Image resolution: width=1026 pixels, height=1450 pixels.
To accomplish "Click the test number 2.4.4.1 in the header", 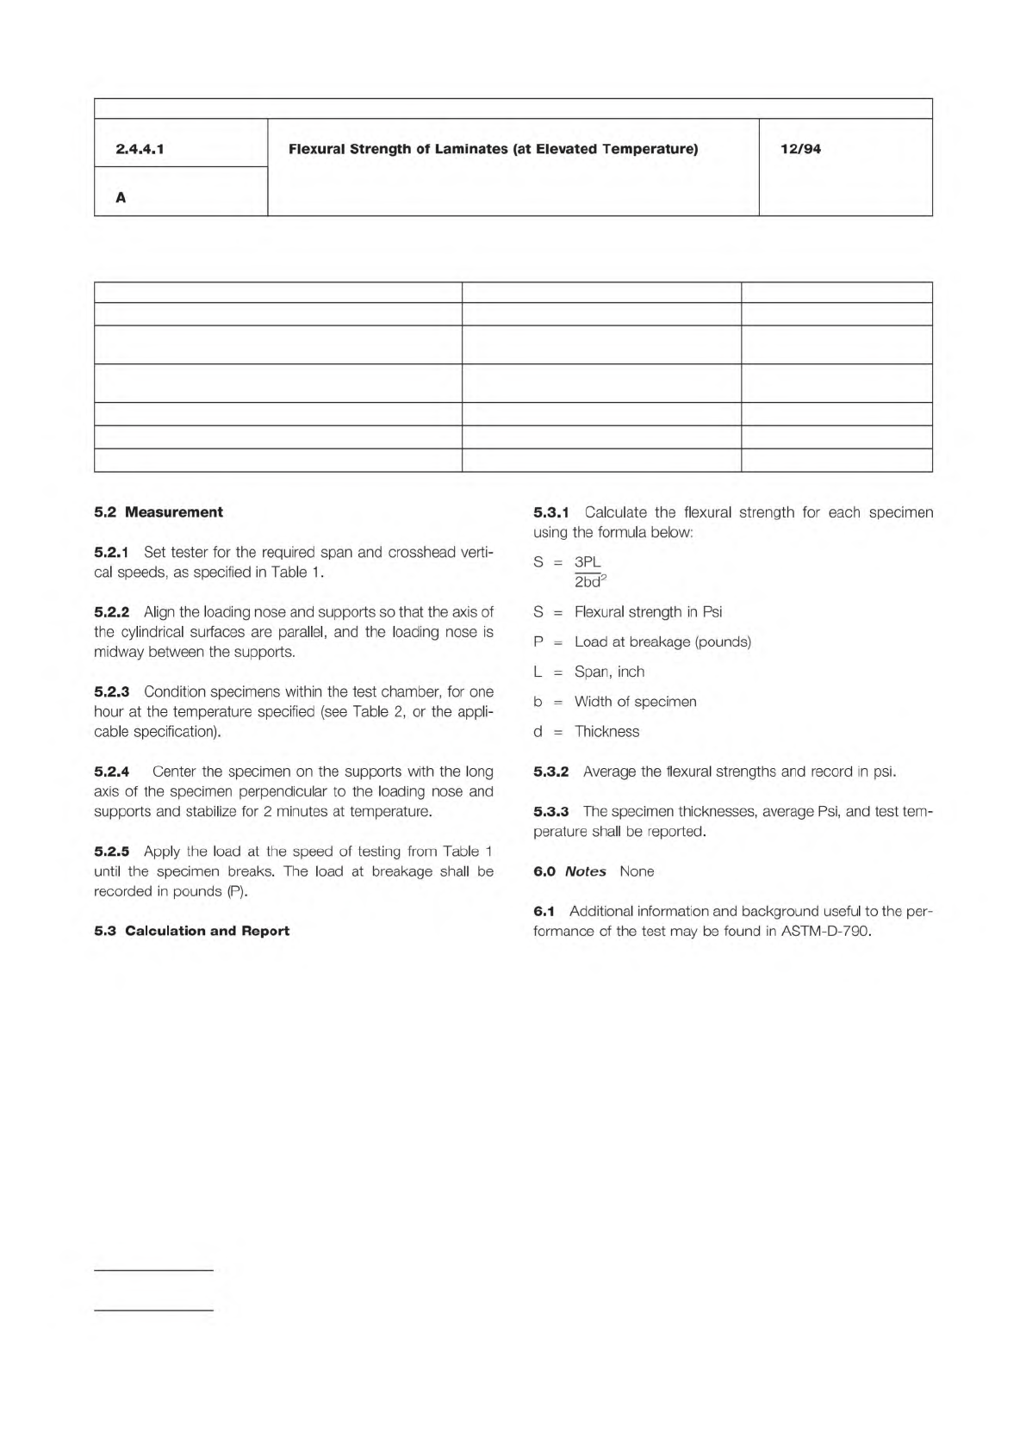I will (140, 149).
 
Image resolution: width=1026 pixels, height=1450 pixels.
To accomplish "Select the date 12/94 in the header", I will (800, 149).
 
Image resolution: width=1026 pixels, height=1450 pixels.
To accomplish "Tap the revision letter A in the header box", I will (121, 198).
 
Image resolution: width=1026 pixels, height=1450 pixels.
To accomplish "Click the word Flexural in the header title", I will (316, 149).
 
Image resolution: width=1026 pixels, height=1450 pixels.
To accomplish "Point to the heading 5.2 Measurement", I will (159, 512).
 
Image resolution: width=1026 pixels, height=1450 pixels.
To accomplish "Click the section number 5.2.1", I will (111, 552).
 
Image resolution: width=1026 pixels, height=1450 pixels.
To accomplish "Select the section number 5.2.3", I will (111, 691).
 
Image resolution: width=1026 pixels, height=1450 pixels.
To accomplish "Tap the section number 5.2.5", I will (111, 852).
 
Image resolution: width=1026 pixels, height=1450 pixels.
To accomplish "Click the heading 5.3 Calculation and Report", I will (191, 931).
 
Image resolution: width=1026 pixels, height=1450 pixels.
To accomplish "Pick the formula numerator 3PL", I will (588, 562).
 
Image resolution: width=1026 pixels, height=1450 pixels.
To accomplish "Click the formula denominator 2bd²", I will (590, 582).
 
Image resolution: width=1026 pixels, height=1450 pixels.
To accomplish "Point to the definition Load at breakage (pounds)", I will (662, 641).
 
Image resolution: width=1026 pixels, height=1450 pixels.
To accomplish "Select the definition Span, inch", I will (609, 672).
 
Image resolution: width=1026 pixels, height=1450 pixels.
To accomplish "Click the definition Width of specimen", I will (635, 702).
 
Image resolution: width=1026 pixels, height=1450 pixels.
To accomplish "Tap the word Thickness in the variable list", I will (606, 732).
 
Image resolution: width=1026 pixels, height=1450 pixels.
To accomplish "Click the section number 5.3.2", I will (550, 771).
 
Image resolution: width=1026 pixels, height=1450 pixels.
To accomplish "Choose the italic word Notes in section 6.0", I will (585, 871).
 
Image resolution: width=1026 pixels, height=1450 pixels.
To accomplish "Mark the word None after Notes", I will (637, 871).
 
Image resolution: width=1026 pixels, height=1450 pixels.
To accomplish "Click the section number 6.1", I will (544, 911).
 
